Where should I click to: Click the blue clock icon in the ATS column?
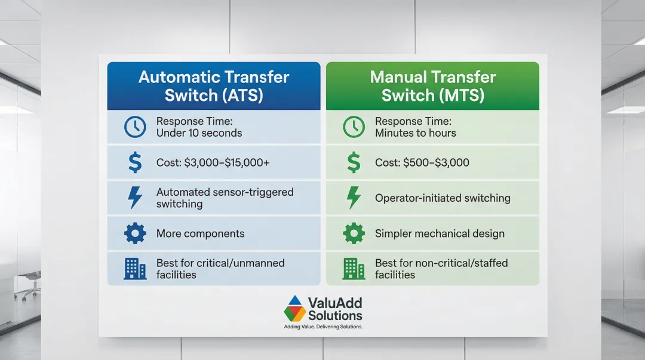pyautogui.click(x=135, y=127)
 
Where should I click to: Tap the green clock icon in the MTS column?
pyautogui.click(x=354, y=127)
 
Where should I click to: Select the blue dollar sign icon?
pyautogui.click(x=135, y=162)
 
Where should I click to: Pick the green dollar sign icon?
pyautogui.click(x=354, y=162)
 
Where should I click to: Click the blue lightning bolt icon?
pyautogui.click(x=135, y=198)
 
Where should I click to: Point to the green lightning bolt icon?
pyautogui.click(x=354, y=198)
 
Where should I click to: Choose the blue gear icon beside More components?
pyautogui.click(x=135, y=233)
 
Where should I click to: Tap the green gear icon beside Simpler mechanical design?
pyautogui.click(x=354, y=233)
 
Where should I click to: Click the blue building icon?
pyautogui.click(x=135, y=269)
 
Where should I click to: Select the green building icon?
pyautogui.click(x=354, y=269)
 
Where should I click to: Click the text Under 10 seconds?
pyautogui.click(x=199, y=133)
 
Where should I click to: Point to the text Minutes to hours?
pyautogui.click(x=416, y=133)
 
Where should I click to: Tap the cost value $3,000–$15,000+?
pyautogui.click(x=227, y=162)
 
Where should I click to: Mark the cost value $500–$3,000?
pyautogui.click(x=436, y=162)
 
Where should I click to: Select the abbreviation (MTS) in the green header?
pyautogui.click(x=461, y=96)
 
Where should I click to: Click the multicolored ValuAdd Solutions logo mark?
pyautogui.click(x=295, y=309)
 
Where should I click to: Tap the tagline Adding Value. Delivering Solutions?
pyautogui.click(x=323, y=327)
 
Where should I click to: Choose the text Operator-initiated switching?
pyautogui.click(x=443, y=198)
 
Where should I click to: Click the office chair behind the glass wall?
pyautogui.click(x=28, y=285)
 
